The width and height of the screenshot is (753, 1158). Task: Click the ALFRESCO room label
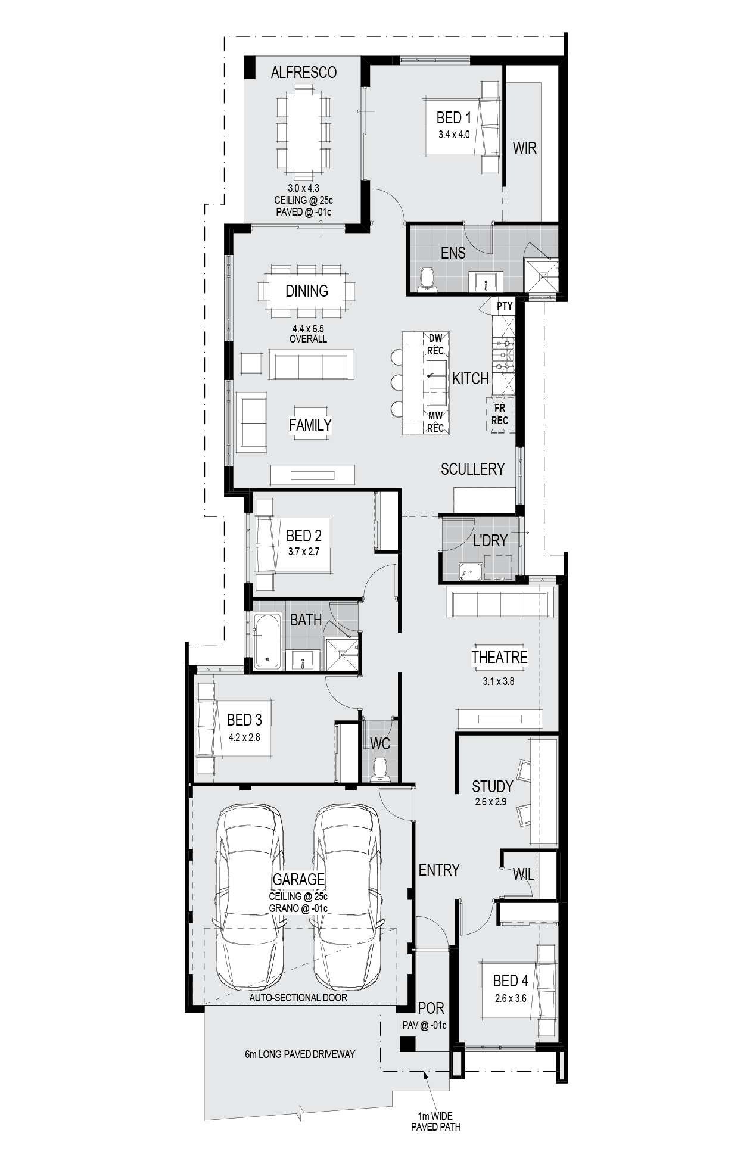click(x=303, y=72)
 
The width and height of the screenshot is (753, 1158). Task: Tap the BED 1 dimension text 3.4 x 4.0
click(x=454, y=135)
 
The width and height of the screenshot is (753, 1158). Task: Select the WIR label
click(x=525, y=148)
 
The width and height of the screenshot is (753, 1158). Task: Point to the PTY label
click(x=505, y=306)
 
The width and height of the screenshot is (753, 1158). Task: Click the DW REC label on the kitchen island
click(x=435, y=344)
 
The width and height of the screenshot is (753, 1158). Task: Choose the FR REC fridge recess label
click(x=500, y=415)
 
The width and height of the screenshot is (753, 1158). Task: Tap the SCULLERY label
click(x=472, y=469)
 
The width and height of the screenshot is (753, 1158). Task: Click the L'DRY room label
click(x=490, y=540)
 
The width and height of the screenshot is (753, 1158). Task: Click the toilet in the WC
click(x=380, y=768)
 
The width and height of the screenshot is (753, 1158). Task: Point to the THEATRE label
click(x=499, y=657)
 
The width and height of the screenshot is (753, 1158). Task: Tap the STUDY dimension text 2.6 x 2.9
click(x=491, y=802)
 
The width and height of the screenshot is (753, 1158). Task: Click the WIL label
click(x=524, y=874)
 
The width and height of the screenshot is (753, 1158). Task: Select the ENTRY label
click(x=439, y=870)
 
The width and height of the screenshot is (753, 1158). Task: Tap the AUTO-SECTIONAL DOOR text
click(x=298, y=997)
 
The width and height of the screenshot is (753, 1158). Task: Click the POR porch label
click(x=431, y=1008)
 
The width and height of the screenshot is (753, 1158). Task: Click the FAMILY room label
click(x=310, y=425)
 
